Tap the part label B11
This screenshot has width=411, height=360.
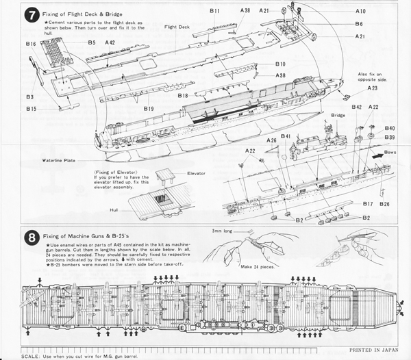[214, 12]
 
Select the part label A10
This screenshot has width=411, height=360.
[360, 12]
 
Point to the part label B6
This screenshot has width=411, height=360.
[359, 24]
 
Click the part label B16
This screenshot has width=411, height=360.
[31, 44]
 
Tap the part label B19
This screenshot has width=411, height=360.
[149, 109]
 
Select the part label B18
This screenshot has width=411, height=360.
[183, 96]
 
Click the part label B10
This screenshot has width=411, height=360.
[280, 64]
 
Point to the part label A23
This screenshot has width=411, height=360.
[372, 88]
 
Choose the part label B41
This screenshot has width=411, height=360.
[286, 136]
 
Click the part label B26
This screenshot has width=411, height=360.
[384, 204]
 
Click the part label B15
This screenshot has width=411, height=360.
[32, 109]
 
